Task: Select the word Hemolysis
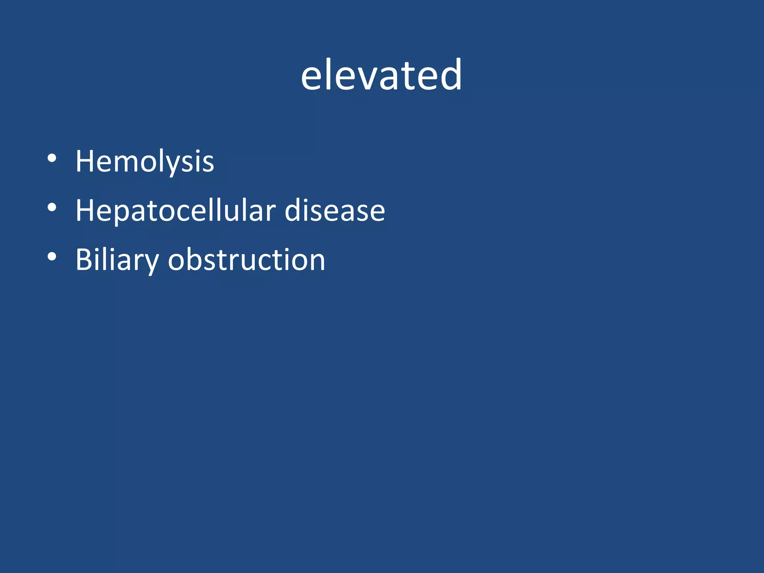coord(145,162)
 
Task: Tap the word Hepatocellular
coord(175,211)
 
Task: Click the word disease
coord(335,211)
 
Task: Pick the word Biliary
coord(117,260)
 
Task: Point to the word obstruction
coord(246,260)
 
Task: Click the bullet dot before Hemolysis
coord(52,158)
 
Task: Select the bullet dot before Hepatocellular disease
coord(52,207)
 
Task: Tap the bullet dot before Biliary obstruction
coord(52,257)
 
